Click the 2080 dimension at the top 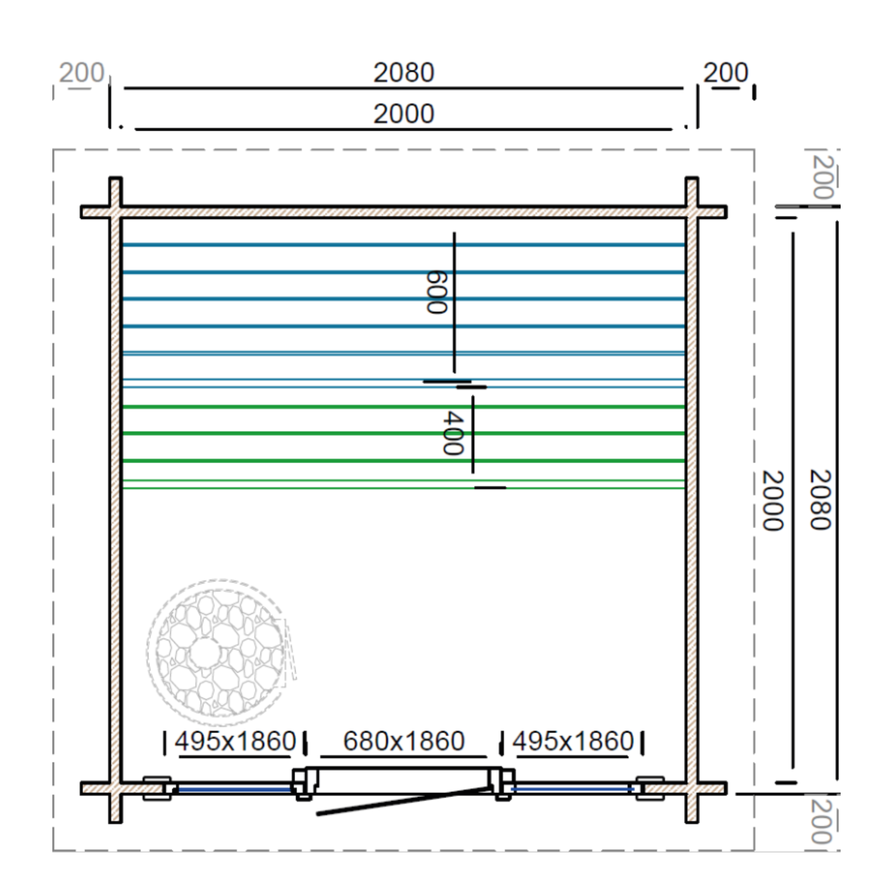(x=403, y=72)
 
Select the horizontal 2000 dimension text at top (x=403, y=114)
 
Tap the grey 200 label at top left (x=82, y=72)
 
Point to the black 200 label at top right (x=725, y=72)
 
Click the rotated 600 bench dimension (x=436, y=292)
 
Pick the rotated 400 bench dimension (x=453, y=433)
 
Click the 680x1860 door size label (x=403, y=741)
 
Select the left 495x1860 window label (x=235, y=741)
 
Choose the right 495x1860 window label (x=573, y=741)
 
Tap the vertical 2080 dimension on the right (x=821, y=500)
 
